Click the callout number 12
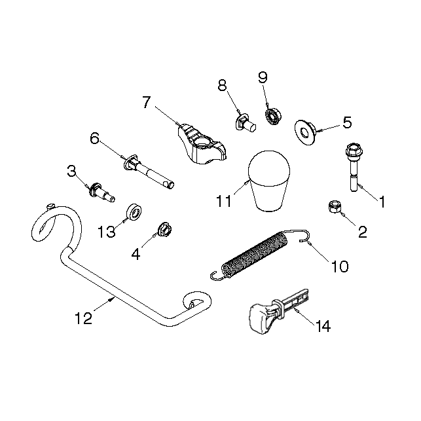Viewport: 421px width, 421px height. (84, 318)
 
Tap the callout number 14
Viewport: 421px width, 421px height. (323, 326)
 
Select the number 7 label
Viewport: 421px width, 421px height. (147, 102)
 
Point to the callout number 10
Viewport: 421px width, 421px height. (340, 266)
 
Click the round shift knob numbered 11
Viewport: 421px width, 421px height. (269, 181)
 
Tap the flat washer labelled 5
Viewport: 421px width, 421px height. (306, 132)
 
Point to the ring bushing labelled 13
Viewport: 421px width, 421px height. (134, 212)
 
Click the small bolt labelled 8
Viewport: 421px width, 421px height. (246, 123)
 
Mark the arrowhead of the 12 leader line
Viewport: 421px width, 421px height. (112, 299)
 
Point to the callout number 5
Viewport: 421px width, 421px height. (347, 122)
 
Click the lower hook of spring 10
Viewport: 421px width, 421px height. (217, 276)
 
